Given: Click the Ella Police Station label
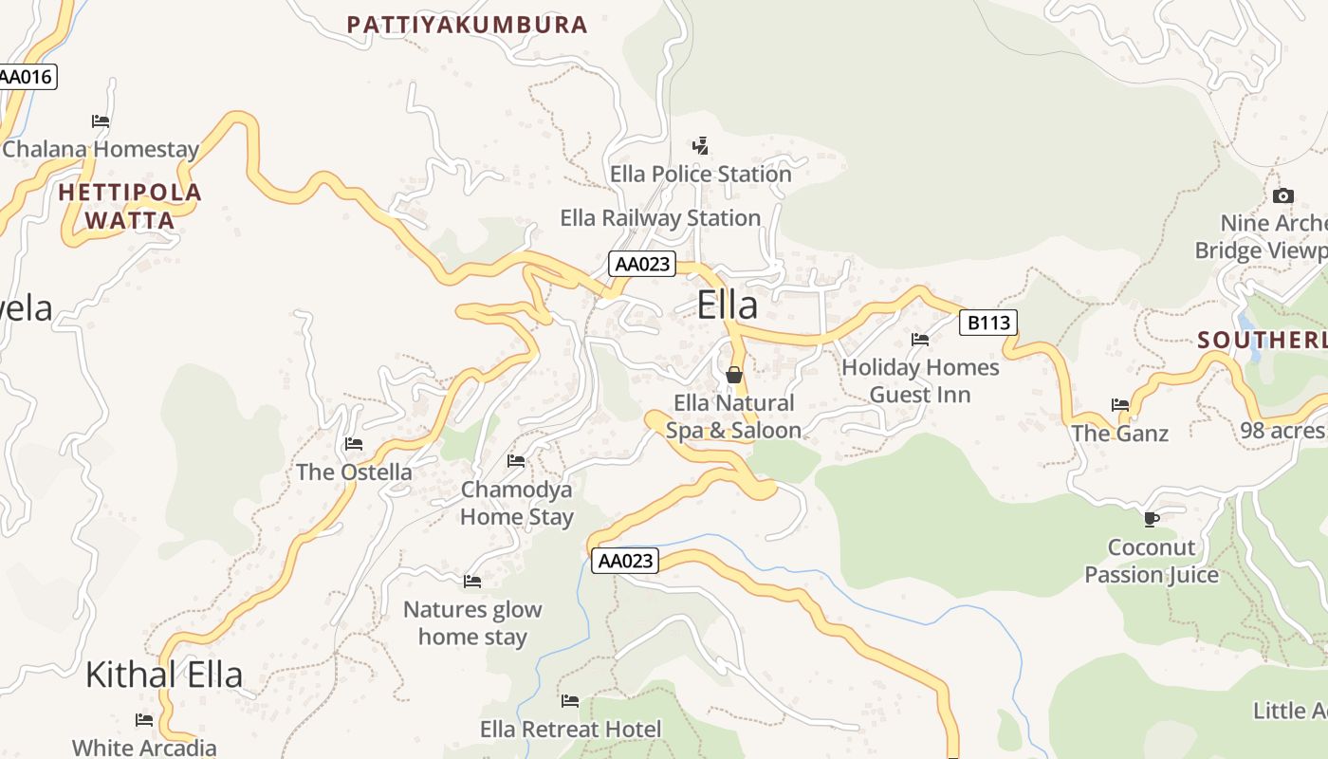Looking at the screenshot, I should [700, 175].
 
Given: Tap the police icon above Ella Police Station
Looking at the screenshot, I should [700, 146].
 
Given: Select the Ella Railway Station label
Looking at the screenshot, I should [660, 218].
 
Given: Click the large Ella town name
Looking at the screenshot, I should [728, 305].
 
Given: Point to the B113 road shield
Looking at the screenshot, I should [987, 324].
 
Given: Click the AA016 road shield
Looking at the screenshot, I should [28, 77].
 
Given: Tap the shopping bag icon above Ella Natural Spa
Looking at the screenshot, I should [733, 375].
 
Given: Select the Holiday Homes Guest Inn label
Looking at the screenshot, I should [920, 380].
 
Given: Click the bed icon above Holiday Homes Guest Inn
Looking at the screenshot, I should [920, 339].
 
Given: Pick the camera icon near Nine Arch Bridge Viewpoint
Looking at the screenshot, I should [1282, 196].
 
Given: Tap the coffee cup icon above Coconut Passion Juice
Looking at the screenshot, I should [1151, 519].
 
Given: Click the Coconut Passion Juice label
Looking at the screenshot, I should [1151, 562].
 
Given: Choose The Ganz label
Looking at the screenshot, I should [1119, 434].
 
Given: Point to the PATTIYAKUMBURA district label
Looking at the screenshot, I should [467, 26].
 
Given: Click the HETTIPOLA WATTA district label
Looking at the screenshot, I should [130, 207].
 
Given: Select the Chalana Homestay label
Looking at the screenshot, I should [101, 150].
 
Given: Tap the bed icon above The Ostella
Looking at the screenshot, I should [354, 443].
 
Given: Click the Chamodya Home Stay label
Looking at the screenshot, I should [517, 503].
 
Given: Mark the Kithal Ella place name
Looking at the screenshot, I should [164, 675].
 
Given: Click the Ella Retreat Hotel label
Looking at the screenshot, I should [570, 730].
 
